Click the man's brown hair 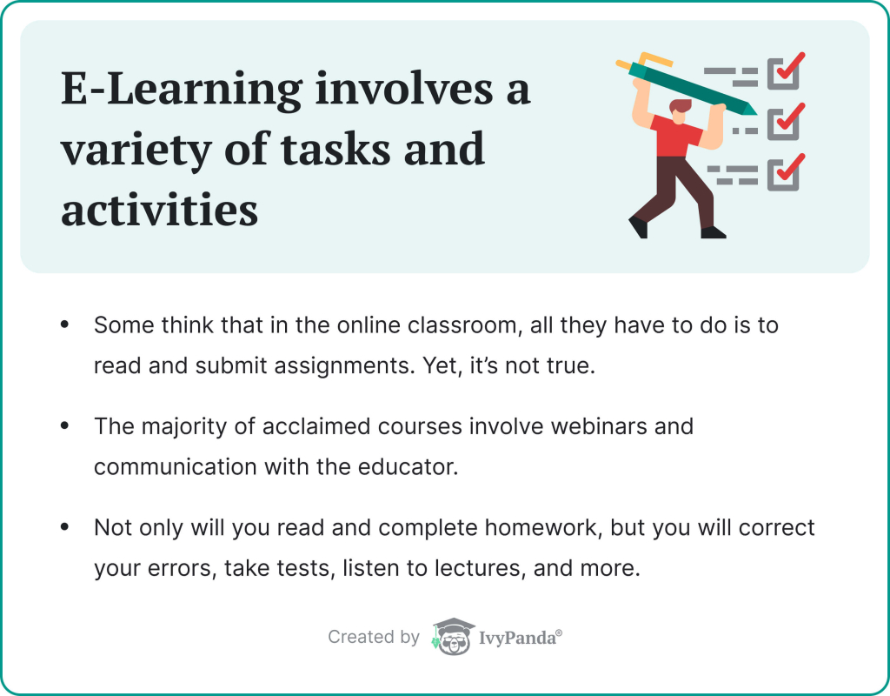click(x=681, y=105)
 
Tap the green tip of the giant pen click(x=746, y=109)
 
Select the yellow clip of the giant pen click(x=650, y=60)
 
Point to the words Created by click(x=374, y=638)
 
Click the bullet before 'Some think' click(x=64, y=325)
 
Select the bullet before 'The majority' click(x=64, y=427)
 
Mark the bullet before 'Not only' click(x=64, y=529)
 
